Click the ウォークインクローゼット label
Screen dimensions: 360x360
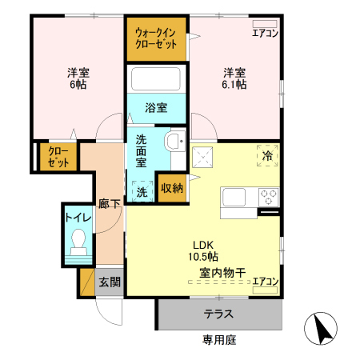pyautogui.click(x=156, y=38)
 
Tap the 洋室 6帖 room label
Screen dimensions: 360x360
pyautogui.click(x=78, y=78)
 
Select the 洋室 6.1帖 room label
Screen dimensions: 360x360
pyautogui.click(x=234, y=77)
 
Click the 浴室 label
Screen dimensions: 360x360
pyautogui.click(x=156, y=106)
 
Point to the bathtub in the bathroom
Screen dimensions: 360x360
pyautogui.click(x=156, y=79)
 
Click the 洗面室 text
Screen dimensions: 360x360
pyautogui.click(x=141, y=150)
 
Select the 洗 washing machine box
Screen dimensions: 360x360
pyautogui.click(x=142, y=192)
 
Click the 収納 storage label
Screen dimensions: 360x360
pyautogui.click(x=171, y=189)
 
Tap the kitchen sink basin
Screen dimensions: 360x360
pyautogui.click(x=237, y=197)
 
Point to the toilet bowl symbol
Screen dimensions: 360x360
pyautogui.click(x=78, y=241)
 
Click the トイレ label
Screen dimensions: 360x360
pyautogui.click(x=78, y=216)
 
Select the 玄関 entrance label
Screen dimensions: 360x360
pyautogui.click(x=110, y=282)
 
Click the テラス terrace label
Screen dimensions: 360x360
pyautogui.click(x=218, y=314)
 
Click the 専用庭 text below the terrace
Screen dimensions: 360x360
pyautogui.click(x=218, y=340)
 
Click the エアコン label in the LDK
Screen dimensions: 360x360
pyautogui.click(x=265, y=281)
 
